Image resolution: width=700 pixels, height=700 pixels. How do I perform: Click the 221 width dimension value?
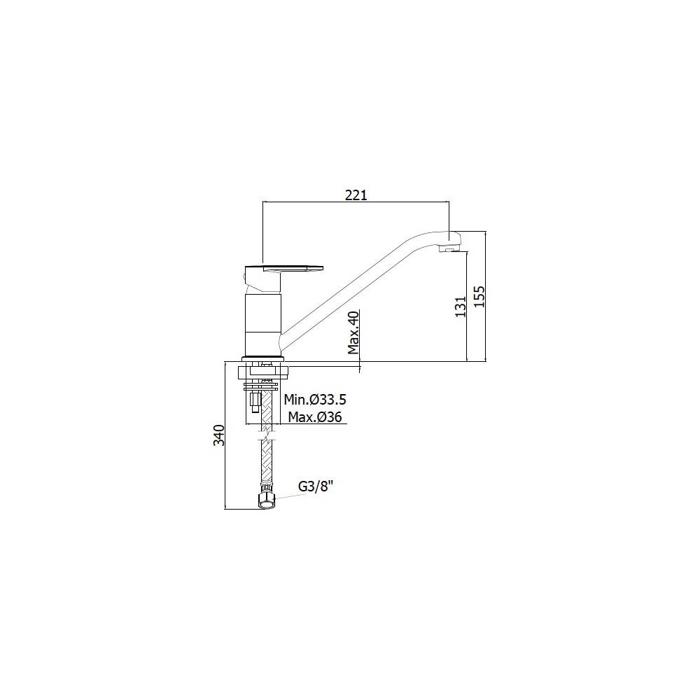[x=356, y=195]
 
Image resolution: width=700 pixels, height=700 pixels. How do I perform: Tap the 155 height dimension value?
[x=479, y=296]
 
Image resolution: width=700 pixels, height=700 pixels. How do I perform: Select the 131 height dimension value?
[x=461, y=307]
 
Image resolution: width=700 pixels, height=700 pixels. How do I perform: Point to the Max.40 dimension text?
[x=353, y=332]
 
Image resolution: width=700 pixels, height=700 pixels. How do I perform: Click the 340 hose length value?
[x=219, y=435]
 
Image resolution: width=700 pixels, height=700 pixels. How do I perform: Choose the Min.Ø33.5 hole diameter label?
[x=315, y=399]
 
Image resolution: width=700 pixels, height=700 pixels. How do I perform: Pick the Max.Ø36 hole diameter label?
[x=315, y=417]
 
